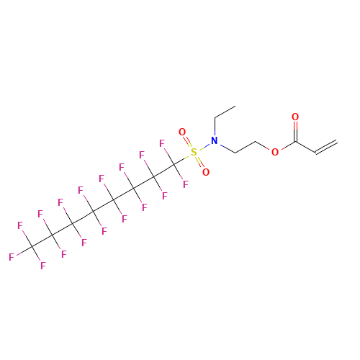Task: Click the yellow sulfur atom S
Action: point(194,153)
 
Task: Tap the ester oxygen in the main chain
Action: point(275,152)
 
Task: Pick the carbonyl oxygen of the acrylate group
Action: point(295,117)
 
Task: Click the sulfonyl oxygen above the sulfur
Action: point(182,132)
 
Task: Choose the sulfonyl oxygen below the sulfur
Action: point(206,173)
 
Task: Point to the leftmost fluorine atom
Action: point(12,256)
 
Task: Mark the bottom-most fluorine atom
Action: point(43,266)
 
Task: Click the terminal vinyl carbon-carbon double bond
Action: point(326,147)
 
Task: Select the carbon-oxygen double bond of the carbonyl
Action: point(295,129)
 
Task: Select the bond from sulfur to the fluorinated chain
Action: point(184,158)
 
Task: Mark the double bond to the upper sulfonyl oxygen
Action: point(188,143)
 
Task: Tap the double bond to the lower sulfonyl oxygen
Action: point(200,163)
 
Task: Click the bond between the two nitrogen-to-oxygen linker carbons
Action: point(245,147)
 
